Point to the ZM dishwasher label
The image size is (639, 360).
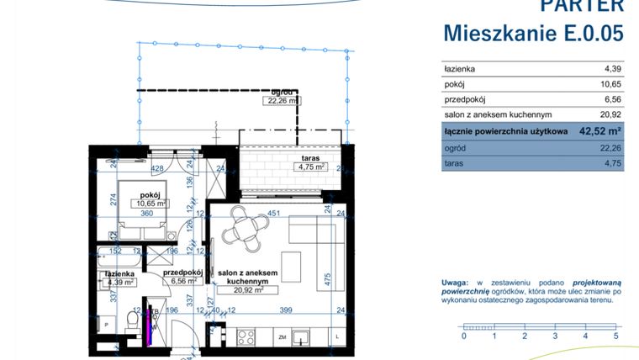pos(283,338)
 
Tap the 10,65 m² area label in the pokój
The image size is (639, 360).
pos(146,204)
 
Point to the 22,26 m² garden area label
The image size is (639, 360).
pos(282,100)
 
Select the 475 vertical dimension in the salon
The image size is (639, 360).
pos(328,277)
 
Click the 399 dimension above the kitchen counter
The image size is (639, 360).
pos(285,310)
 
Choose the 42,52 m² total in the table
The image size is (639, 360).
pos(599,131)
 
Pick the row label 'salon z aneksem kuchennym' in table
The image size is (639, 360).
pos(497,115)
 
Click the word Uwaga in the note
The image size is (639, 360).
pos(455,283)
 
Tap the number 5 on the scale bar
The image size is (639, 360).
pos(616,336)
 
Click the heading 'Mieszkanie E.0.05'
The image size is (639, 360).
pos(533,33)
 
